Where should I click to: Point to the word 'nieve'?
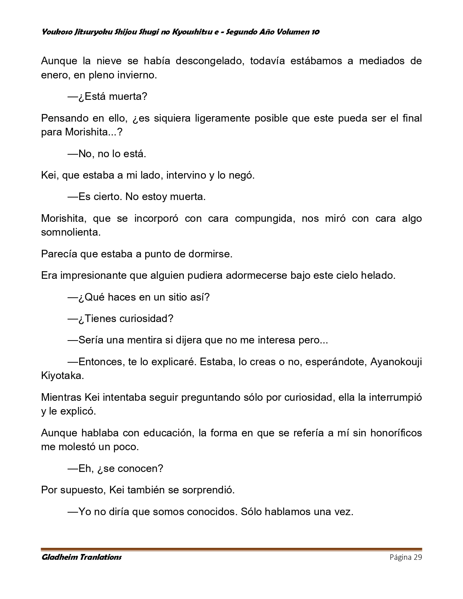tap(109, 61)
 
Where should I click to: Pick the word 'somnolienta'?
tap(70, 232)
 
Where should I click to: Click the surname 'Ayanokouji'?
tap(396, 362)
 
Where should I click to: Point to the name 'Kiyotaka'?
tap(62, 376)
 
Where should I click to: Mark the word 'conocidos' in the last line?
tap(212, 512)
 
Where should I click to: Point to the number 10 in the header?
tap(315, 32)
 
